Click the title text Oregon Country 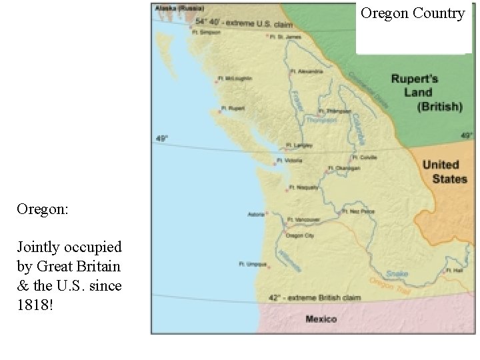413,13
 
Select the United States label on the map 445,171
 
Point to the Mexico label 321,319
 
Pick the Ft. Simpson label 205,31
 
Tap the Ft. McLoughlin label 236,78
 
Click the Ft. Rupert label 234,108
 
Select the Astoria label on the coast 256,214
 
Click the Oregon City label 299,235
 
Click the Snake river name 397,273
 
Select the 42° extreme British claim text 315,297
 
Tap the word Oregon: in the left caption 43,209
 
